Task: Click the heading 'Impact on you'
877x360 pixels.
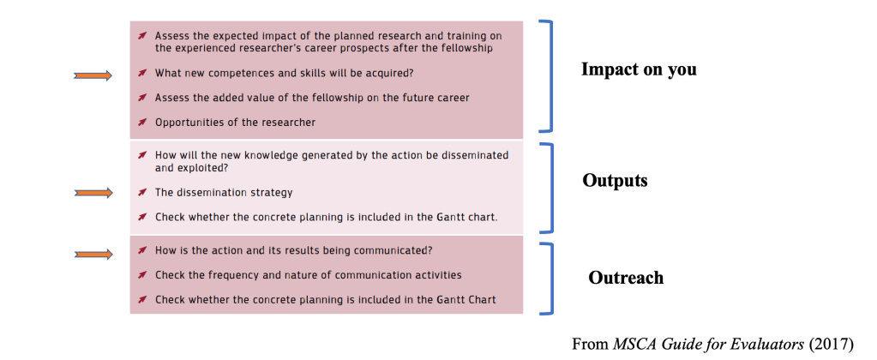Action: pos(639,69)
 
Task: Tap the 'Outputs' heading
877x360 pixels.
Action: pos(615,181)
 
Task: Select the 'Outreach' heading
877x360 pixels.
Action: pos(626,278)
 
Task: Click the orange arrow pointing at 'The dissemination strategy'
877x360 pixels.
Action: pos(93,193)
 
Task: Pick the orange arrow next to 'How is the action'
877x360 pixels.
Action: pos(93,255)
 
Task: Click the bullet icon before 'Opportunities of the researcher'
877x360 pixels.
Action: pos(142,122)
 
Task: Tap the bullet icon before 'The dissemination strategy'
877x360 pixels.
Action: pos(142,192)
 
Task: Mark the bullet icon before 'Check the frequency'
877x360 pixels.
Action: pos(142,274)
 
